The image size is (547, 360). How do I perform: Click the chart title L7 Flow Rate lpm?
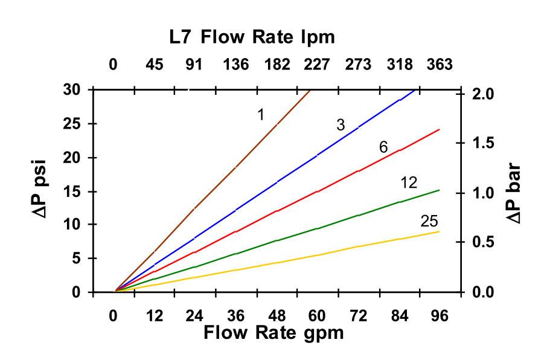pyautogui.click(x=251, y=37)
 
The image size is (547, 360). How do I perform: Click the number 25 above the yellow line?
pyautogui.click(x=429, y=222)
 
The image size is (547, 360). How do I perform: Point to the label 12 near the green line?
pyautogui.click(x=410, y=183)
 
